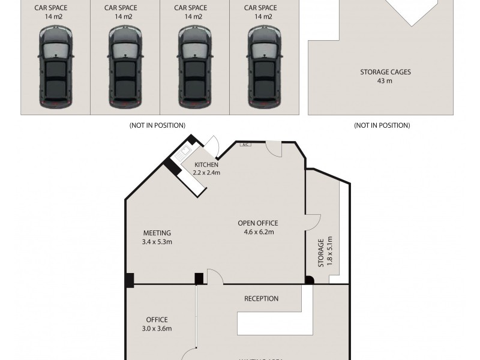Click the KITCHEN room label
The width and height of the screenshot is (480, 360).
coord(207,164)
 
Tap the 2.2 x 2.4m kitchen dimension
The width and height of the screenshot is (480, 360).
coord(207,172)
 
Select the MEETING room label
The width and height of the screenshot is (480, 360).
coord(157,233)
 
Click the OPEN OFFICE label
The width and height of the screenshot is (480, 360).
coord(258,223)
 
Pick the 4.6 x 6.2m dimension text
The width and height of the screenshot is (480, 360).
coord(258,232)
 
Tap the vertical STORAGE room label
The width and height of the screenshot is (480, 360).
coord(321,253)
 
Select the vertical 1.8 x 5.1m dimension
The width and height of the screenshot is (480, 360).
coord(329,253)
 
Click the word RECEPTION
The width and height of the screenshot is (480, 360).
coord(261,299)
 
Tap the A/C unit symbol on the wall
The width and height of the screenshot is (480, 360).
coord(245,145)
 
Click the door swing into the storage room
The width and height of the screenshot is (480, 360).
coord(313,222)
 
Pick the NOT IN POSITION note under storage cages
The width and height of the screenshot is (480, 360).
coord(382,125)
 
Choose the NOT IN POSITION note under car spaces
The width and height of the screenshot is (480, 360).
coord(157,125)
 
